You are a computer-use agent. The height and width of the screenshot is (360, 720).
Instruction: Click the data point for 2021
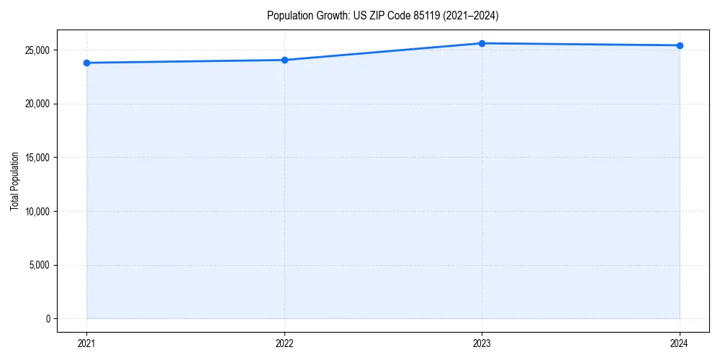click(x=86, y=63)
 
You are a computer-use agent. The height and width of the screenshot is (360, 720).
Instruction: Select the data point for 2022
click(x=284, y=60)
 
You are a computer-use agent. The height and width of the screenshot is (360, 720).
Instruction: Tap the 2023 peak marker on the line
click(x=482, y=43)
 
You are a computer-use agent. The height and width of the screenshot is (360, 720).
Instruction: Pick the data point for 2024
click(x=680, y=45)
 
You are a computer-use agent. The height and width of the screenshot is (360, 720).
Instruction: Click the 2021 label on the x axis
click(x=86, y=343)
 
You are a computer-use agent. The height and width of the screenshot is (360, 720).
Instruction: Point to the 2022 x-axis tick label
click(x=284, y=343)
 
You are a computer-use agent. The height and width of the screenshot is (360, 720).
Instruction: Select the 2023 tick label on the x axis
click(x=482, y=343)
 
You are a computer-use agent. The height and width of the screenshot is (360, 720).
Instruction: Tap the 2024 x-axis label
click(x=680, y=343)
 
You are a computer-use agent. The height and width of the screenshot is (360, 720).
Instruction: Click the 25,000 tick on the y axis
click(x=36, y=50)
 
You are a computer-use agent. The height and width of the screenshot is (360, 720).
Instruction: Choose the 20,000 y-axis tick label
click(x=36, y=104)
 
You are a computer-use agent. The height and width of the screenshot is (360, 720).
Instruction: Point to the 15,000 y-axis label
click(x=36, y=158)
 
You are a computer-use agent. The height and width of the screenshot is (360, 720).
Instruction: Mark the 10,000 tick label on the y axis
click(x=36, y=212)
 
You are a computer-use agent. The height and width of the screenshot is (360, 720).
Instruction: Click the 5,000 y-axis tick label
click(x=38, y=265)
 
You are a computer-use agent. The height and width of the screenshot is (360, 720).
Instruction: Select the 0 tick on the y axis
click(x=47, y=319)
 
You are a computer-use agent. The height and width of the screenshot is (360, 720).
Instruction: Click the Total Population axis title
click(x=14, y=181)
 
